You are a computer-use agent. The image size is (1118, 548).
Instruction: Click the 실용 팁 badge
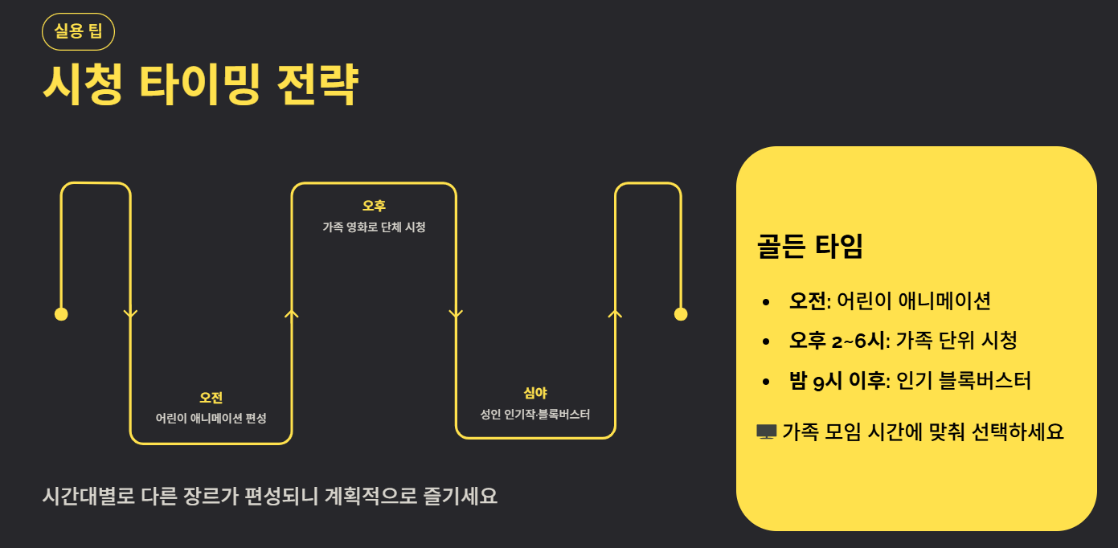click(x=78, y=32)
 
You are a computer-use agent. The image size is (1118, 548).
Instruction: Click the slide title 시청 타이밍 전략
click(x=200, y=84)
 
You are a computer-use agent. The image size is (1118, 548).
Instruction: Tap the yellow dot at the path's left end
click(x=61, y=313)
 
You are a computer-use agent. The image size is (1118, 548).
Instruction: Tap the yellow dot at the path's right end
click(x=681, y=313)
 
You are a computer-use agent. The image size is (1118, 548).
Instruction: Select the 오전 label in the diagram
click(x=211, y=398)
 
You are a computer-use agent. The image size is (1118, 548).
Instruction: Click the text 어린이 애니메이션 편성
click(x=211, y=419)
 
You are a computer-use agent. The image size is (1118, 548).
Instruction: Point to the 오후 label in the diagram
click(x=374, y=207)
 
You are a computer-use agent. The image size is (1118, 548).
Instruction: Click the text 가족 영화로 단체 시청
click(x=374, y=227)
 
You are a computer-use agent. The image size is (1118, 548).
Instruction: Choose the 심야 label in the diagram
click(x=535, y=393)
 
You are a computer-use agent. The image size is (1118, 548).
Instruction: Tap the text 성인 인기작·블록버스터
click(x=535, y=415)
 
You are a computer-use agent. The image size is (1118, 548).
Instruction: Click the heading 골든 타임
click(x=809, y=247)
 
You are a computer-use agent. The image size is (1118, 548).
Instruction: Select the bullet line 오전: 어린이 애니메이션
click(x=890, y=301)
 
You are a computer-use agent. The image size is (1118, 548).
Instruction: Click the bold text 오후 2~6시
click(x=838, y=341)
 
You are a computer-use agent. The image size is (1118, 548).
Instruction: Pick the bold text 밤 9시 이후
click(x=837, y=380)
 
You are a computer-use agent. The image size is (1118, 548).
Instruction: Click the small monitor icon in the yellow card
click(x=766, y=432)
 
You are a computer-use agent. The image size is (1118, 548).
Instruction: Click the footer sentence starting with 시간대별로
click(x=270, y=496)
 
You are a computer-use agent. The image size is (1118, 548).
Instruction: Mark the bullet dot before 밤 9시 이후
click(x=768, y=381)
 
